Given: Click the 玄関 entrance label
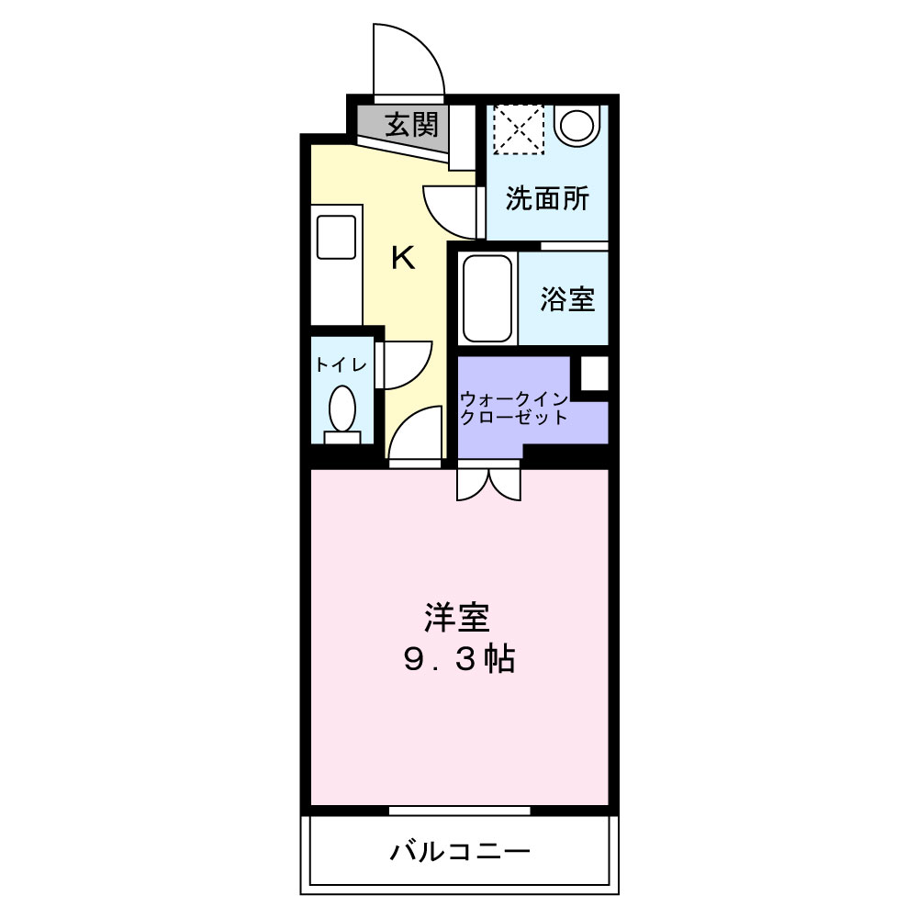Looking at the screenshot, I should pos(410,124).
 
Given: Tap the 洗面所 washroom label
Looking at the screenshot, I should pos(547,199).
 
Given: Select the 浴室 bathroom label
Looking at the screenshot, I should pos(566,298).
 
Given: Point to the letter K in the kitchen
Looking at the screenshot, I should pos(403,259).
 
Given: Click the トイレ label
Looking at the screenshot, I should pos(341,364).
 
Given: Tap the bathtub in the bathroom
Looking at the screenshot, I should pos(487,298).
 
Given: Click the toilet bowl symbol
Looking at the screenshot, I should pos(342,409).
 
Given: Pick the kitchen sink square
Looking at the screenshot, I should pos(336,238).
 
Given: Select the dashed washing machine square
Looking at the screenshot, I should pos(519,129).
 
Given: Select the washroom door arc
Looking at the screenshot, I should pos(450,209).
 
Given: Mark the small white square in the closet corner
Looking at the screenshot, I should pos(594,374).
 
